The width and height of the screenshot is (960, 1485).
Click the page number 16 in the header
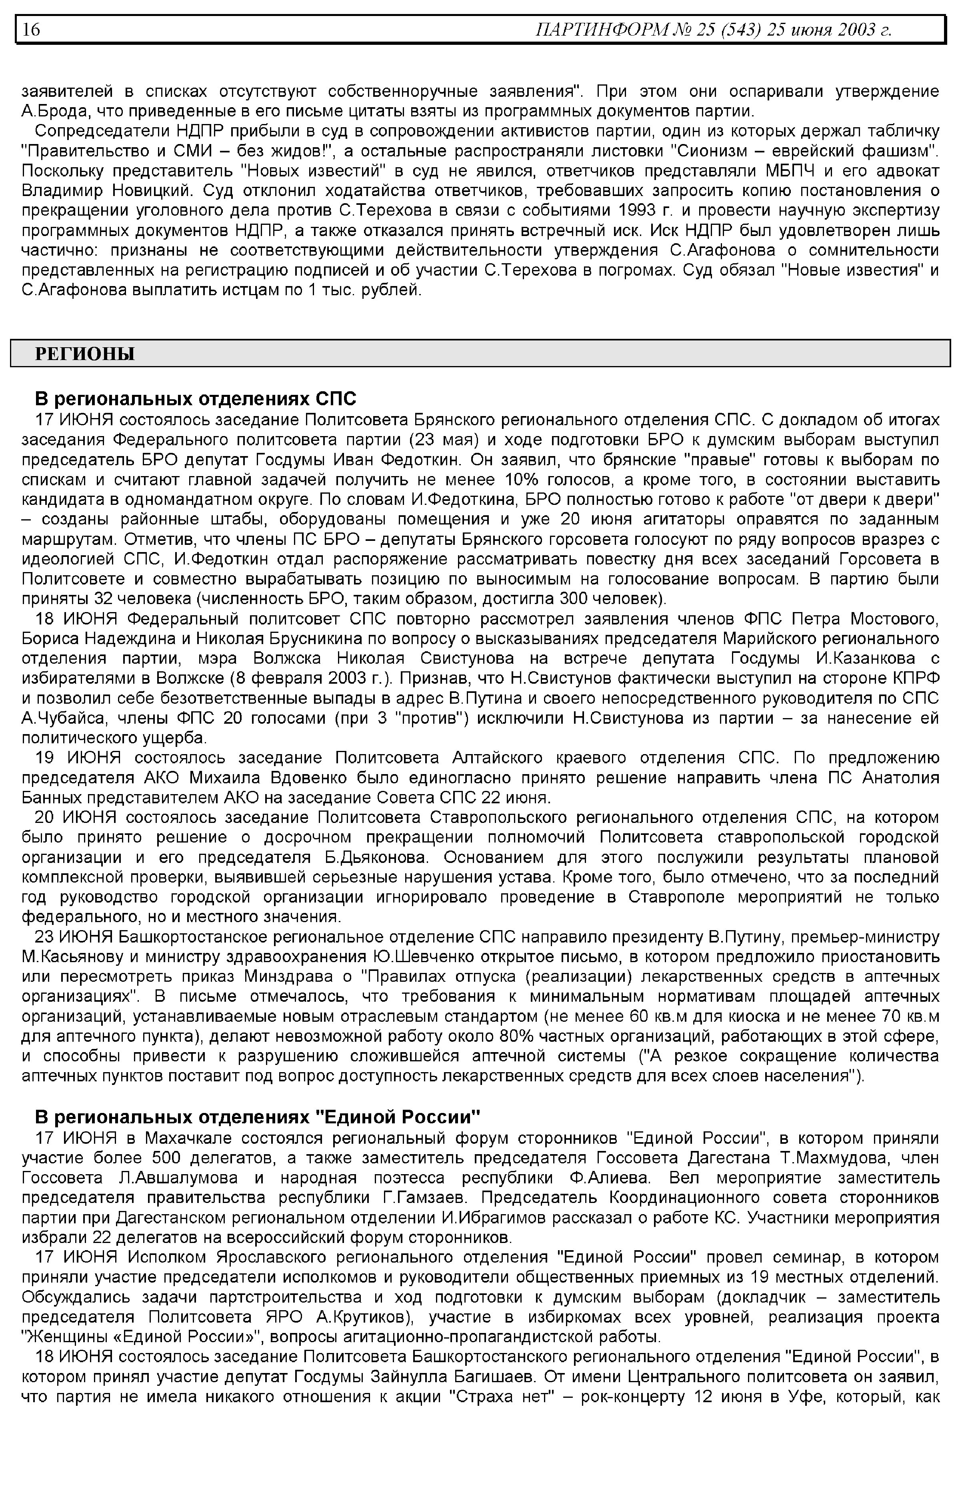[31, 29]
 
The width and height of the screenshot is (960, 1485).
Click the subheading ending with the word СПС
[195, 398]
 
